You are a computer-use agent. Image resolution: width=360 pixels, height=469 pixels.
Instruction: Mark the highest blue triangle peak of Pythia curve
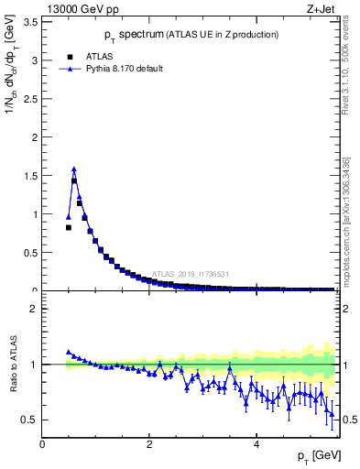click(x=73, y=169)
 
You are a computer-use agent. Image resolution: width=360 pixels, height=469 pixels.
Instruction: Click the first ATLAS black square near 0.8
click(x=69, y=227)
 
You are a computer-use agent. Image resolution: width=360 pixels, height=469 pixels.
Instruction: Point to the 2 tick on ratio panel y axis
click(x=35, y=309)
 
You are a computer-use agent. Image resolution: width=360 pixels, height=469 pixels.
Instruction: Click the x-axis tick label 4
click(x=257, y=445)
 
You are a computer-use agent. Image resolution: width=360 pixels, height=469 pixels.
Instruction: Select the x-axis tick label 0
click(x=42, y=445)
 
